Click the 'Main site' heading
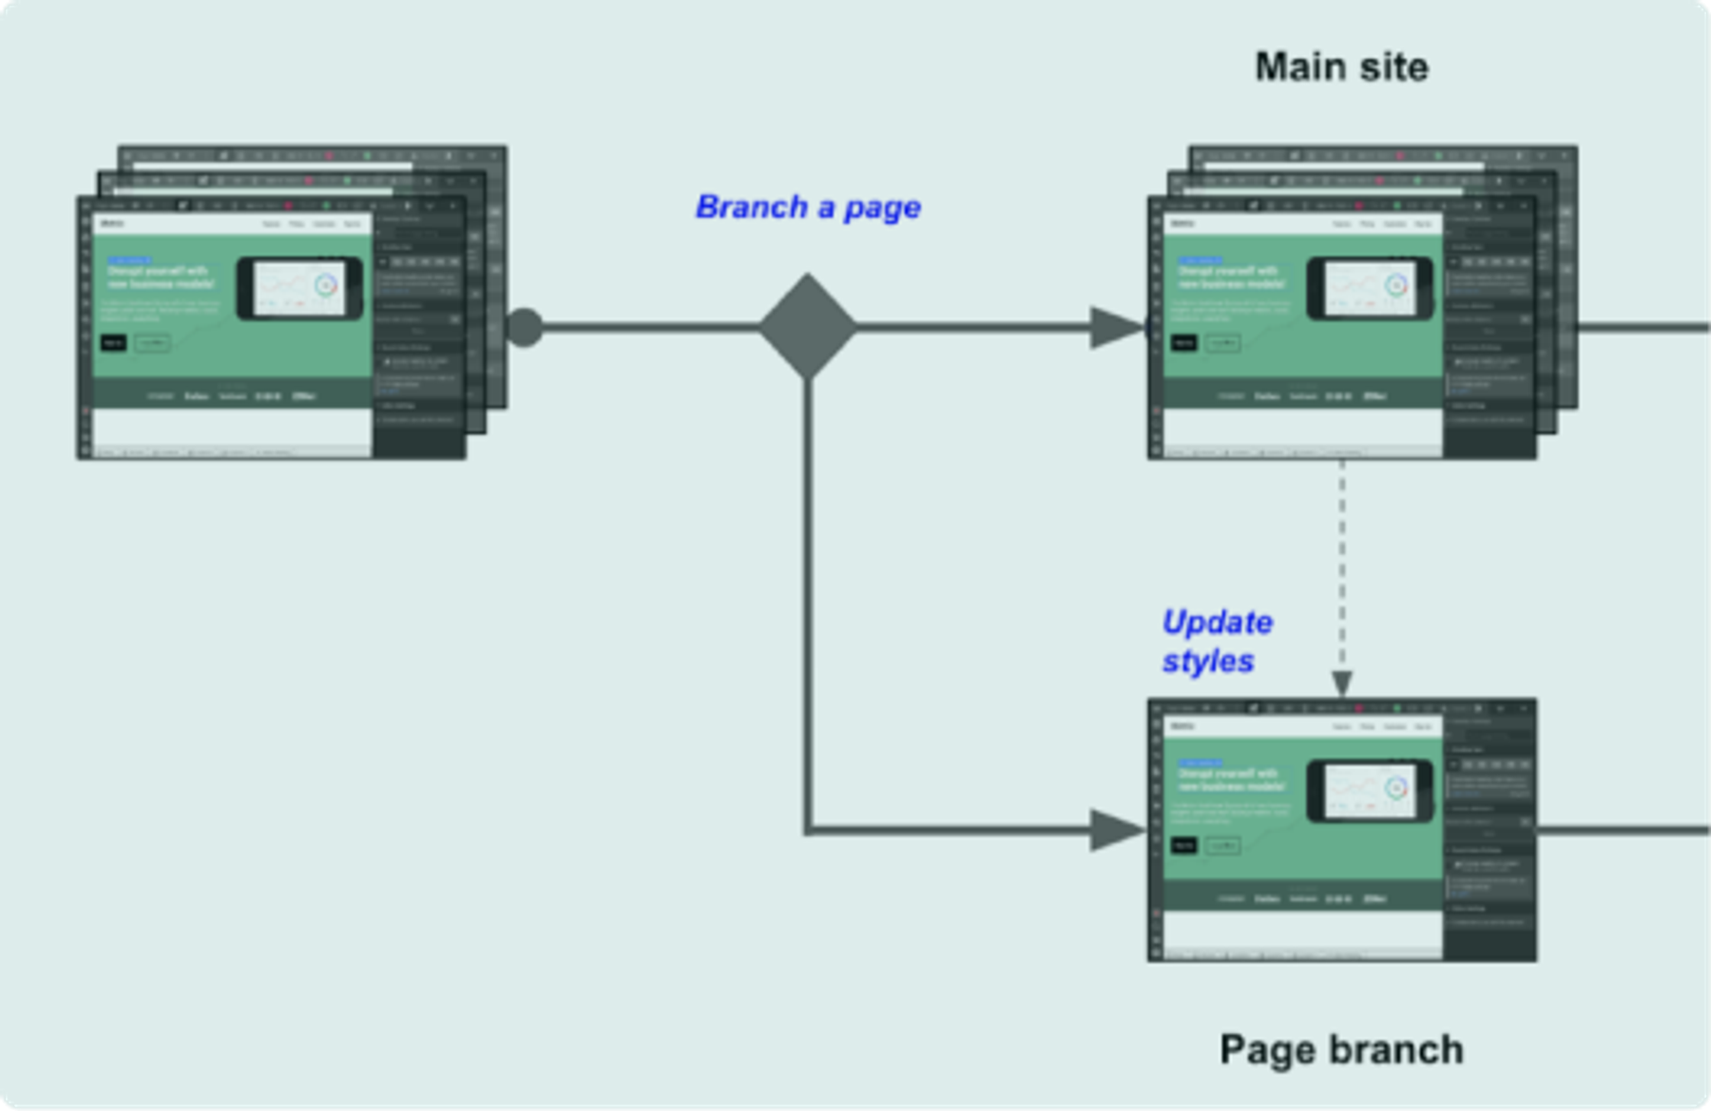[1341, 67]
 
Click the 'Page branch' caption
[1341, 1050]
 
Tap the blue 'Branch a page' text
[808, 207]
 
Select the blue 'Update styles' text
[1216, 642]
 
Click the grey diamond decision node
[808, 327]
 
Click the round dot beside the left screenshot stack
[524, 328]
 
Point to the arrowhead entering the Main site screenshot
[1116, 328]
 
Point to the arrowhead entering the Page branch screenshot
[1116, 831]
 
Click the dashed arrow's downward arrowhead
[1342, 682]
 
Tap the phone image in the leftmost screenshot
[299, 287]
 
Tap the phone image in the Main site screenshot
[1370, 287]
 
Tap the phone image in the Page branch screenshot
[1370, 790]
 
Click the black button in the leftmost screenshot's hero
[113, 342]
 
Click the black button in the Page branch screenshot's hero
[1183, 845]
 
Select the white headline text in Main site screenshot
[1230, 277]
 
